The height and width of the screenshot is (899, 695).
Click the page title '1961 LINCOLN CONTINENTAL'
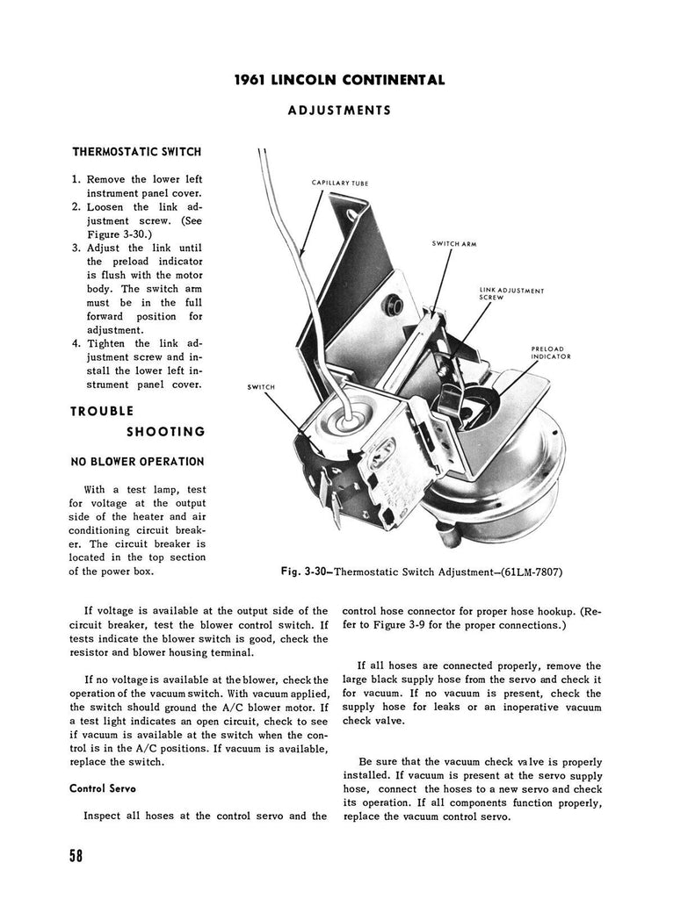(x=340, y=80)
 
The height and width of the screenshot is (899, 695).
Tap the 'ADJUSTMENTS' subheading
(x=339, y=110)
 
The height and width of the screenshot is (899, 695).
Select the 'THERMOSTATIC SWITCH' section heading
(x=137, y=152)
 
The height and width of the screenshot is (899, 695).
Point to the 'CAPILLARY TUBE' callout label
(x=340, y=183)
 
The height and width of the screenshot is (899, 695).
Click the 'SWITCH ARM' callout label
(x=454, y=244)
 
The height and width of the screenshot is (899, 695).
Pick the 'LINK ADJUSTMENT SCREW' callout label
(x=511, y=293)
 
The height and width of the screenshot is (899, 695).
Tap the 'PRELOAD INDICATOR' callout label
(x=550, y=353)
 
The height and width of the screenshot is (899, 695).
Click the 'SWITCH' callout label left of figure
(x=261, y=387)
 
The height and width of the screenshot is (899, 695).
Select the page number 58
(x=76, y=856)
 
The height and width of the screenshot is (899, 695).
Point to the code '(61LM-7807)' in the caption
(x=532, y=572)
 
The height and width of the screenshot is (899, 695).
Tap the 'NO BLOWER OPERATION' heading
(x=137, y=462)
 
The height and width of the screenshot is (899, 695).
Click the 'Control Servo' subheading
(x=103, y=788)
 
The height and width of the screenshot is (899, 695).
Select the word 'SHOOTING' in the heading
(x=166, y=432)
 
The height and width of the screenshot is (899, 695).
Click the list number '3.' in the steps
(x=76, y=248)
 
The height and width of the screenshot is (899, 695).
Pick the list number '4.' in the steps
(x=76, y=344)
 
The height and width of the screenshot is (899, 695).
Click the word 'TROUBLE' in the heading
(x=102, y=411)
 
